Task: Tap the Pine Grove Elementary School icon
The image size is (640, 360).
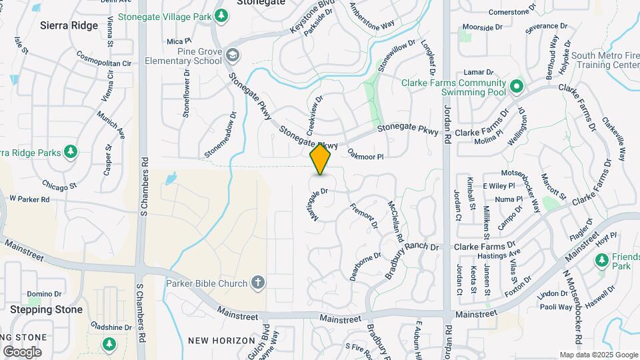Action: point(231,54)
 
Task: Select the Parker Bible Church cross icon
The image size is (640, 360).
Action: point(259,283)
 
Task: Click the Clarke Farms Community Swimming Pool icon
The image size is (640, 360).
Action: point(516,86)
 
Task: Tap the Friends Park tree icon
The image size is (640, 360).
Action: point(602,261)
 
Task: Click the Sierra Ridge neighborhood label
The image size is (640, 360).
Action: point(69,25)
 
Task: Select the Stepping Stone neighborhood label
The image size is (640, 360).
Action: point(46,309)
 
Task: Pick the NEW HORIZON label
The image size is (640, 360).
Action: point(221,341)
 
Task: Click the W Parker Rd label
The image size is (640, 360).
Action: point(29,199)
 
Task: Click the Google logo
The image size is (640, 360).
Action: point(22,352)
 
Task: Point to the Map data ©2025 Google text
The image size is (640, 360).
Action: point(599,355)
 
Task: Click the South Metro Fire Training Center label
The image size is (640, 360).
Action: point(605,61)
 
